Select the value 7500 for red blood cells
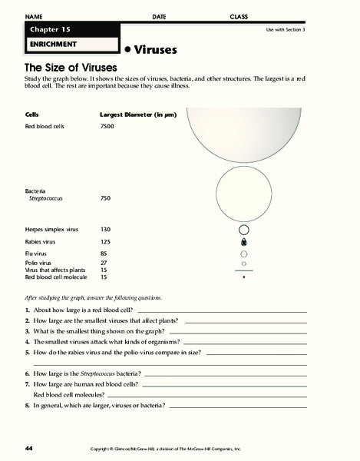click(107, 125)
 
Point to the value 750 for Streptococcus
click(107, 197)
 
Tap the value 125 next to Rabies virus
click(107, 240)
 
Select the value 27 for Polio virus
click(105, 263)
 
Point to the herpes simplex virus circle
click(243, 229)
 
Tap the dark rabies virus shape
click(243, 241)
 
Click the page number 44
click(28, 448)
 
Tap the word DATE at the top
click(159, 16)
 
